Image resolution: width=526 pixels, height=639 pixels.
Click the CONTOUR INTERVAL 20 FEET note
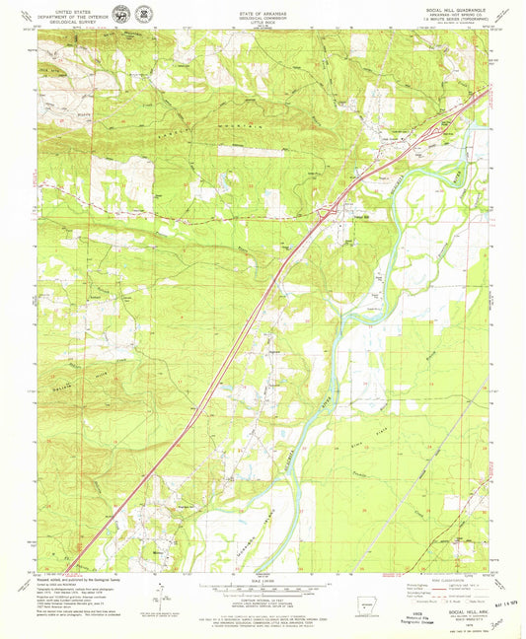click(263, 598)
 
